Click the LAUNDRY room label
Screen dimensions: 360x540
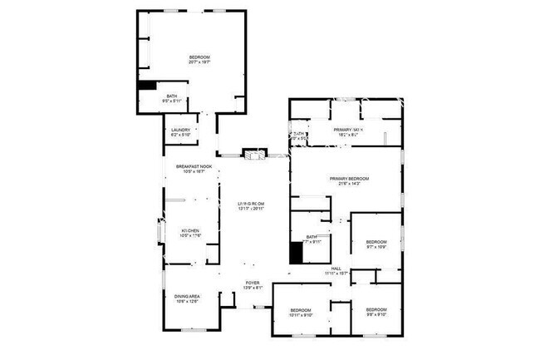pyautogui.click(x=181, y=131)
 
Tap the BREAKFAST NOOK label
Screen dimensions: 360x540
pyautogui.click(x=194, y=166)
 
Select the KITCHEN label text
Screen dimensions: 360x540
pyautogui.click(x=190, y=230)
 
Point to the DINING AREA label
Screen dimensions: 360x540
pyautogui.click(x=187, y=297)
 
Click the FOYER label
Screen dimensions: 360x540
pyautogui.click(x=253, y=284)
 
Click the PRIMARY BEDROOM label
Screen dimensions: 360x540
pyautogui.click(x=349, y=179)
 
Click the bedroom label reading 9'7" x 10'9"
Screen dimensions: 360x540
pyautogui.click(x=378, y=246)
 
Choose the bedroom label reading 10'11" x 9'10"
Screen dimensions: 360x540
pyautogui.click(x=300, y=314)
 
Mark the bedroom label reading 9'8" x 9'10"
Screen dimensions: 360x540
pyautogui.click(x=378, y=314)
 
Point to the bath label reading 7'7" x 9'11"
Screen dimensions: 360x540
pyautogui.click(x=312, y=242)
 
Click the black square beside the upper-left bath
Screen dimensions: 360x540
pyautogui.click(x=147, y=85)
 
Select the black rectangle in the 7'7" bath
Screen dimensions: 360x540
pyautogui.click(x=296, y=252)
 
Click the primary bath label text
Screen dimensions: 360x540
pyautogui.click(x=348, y=131)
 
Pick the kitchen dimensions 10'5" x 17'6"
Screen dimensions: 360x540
pyautogui.click(x=190, y=236)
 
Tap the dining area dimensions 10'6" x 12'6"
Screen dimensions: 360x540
pyautogui.click(x=187, y=302)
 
